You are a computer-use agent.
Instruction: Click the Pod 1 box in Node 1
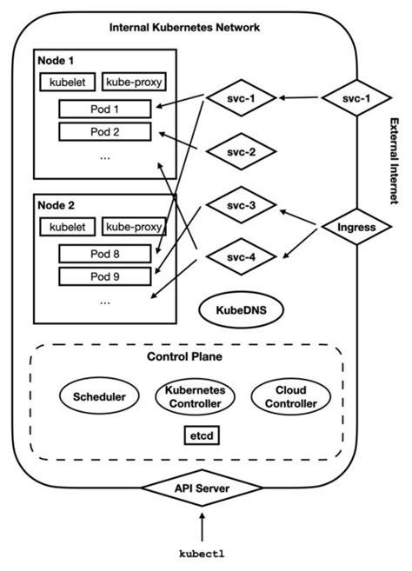tap(104, 110)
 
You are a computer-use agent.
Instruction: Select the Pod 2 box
tap(104, 132)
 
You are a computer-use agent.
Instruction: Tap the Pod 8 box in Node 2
tap(104, 255)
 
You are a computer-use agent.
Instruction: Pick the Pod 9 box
tap(104, 276)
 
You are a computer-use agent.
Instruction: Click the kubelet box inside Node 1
tap(66, 83)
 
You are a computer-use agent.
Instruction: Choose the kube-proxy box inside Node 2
tap(135, 228)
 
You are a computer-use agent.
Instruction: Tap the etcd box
tap(200, 434)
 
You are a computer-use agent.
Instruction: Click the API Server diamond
tap(201, 489)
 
